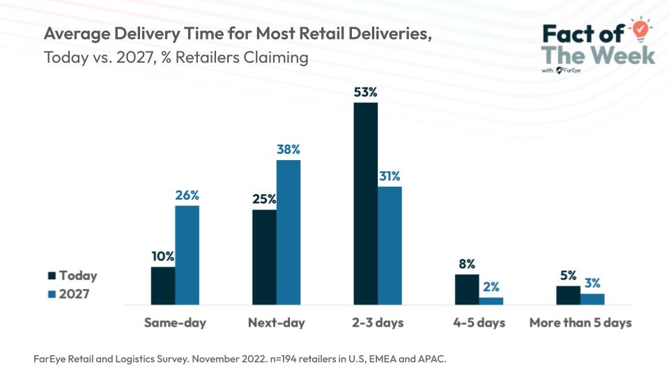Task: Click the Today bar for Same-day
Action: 163,285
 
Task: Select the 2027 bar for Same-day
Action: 187,255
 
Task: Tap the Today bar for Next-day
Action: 264,257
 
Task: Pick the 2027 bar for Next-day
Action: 289,232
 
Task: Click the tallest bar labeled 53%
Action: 365,203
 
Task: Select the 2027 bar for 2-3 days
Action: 390,245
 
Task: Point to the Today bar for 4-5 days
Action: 467,290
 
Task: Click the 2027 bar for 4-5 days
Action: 491,301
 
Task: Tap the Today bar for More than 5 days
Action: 568,295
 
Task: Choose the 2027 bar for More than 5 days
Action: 592,299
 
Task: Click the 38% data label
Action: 289,149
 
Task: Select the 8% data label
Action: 467,264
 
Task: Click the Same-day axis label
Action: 175,323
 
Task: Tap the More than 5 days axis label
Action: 580,323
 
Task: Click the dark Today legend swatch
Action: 52,276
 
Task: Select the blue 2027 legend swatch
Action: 52,294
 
